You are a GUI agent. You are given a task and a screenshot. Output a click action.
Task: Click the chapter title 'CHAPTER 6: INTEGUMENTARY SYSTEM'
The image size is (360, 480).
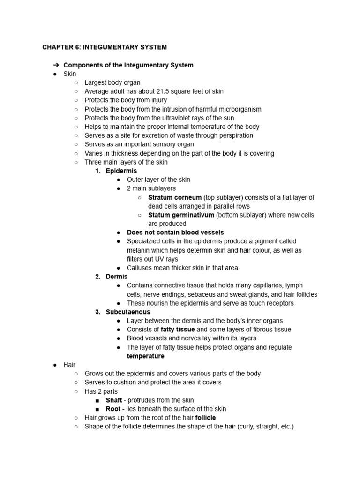[x=104, y=47]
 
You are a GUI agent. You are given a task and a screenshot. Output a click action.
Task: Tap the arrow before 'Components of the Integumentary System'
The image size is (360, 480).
[x=55, y=65]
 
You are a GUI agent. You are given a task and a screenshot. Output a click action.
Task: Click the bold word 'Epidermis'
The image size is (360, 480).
[x=121, y=171]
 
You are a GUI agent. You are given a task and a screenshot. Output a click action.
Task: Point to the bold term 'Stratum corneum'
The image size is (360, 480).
[x=174, y=197]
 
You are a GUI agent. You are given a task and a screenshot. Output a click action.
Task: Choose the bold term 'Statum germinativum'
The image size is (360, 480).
[x=181, y=215]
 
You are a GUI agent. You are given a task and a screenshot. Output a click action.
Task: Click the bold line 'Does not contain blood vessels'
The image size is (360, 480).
[x=175, y=232]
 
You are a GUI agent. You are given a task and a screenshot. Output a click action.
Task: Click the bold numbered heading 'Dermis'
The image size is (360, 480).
[x=117, y=277]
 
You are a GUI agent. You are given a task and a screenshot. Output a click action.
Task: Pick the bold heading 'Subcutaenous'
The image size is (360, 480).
[x=128, y=312]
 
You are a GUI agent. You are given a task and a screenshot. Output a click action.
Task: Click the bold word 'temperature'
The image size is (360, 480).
[x=146, y=356]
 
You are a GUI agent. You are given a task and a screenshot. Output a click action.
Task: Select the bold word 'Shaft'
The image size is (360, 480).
[x=114, y=400]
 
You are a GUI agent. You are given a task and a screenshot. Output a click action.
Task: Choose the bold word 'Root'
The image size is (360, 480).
[x=113, y=409]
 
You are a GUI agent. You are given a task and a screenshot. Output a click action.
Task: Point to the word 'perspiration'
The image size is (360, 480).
[x=235, y=135]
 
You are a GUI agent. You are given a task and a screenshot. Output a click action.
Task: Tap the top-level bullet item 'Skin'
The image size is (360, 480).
[x=69, y=74]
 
